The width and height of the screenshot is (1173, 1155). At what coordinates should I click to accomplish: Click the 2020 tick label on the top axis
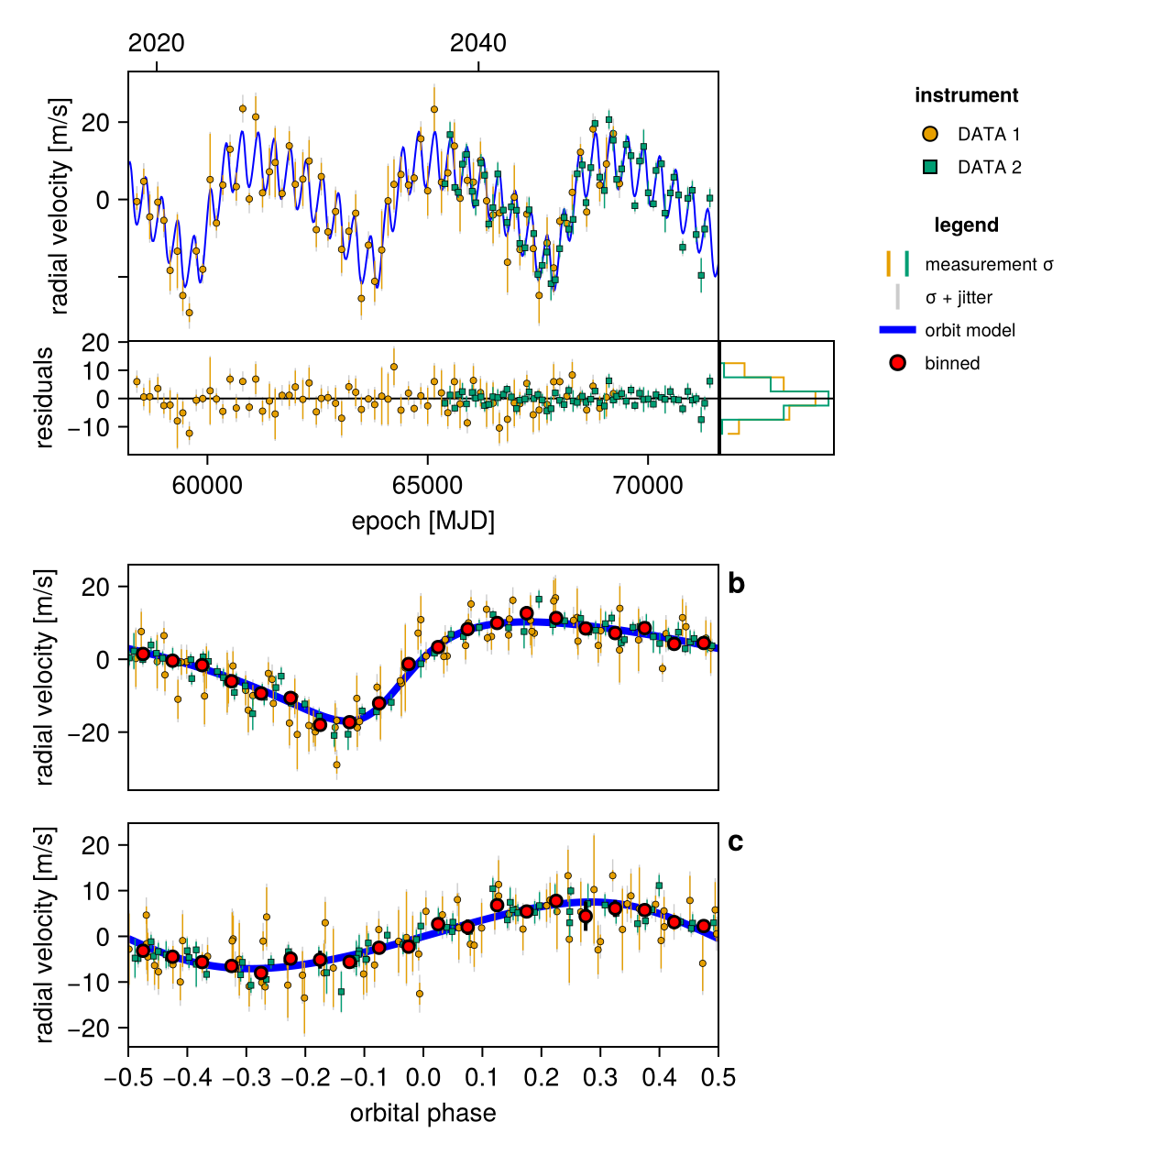click(156, 43)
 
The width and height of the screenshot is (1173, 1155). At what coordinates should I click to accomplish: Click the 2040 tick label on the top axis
click(477, 43)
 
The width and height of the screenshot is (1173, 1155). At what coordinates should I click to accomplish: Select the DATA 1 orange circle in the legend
click(929, 134)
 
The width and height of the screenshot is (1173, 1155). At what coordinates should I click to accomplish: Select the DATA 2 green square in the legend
click(929, 167)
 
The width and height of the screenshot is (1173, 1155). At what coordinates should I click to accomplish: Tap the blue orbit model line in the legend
click(897, 330)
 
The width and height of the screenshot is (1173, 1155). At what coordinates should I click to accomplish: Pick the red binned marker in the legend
click(897, 363)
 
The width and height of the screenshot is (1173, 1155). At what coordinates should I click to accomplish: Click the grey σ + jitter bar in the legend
click(897, 297)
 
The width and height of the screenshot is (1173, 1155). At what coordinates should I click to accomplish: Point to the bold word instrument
click(966, 95)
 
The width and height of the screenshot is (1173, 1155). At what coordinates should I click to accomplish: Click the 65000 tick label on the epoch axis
click(427, 486)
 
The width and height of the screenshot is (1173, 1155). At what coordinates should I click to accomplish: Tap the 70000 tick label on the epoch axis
click(647, 486)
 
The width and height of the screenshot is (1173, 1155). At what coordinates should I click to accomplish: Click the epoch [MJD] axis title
click(423, 522)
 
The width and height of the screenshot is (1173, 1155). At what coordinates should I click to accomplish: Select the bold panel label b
click(736, 584)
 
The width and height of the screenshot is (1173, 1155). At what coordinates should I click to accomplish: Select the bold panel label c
click(735, 842)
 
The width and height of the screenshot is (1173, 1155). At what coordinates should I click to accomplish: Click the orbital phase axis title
click(423, 1113)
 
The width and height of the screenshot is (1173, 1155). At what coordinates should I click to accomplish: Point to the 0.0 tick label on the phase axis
click(423, 1077)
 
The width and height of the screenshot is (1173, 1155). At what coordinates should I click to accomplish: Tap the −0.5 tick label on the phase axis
click(127, 1077)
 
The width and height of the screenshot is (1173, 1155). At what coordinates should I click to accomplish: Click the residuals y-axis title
click(44, 398)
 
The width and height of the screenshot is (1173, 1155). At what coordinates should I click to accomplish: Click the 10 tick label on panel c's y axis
click(96, 891)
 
